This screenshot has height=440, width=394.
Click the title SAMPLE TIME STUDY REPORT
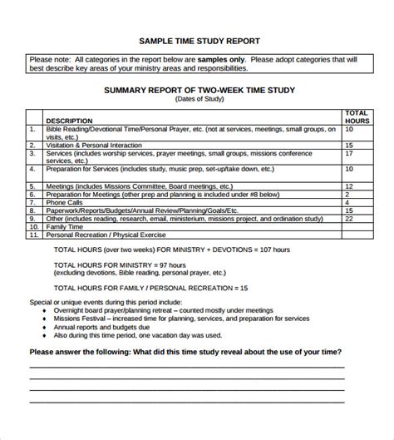coord(196,40)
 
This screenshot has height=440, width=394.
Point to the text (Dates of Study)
coord(196,99)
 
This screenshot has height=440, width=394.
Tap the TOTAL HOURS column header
coord(356,116)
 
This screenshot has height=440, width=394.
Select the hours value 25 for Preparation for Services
coord(349,170)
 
